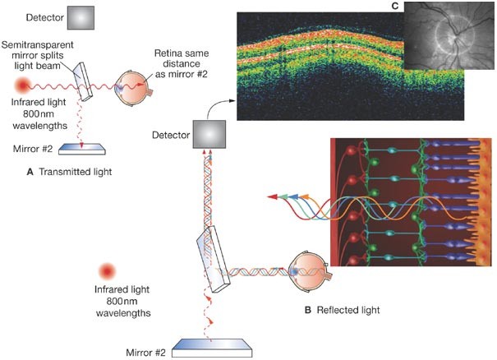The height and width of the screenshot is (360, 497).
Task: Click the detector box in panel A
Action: [81, 17]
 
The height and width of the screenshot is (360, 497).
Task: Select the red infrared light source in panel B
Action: [106, 271]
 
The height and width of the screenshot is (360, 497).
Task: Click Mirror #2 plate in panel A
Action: [81, 147]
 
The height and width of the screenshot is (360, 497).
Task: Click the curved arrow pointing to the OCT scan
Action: [215, 105]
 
